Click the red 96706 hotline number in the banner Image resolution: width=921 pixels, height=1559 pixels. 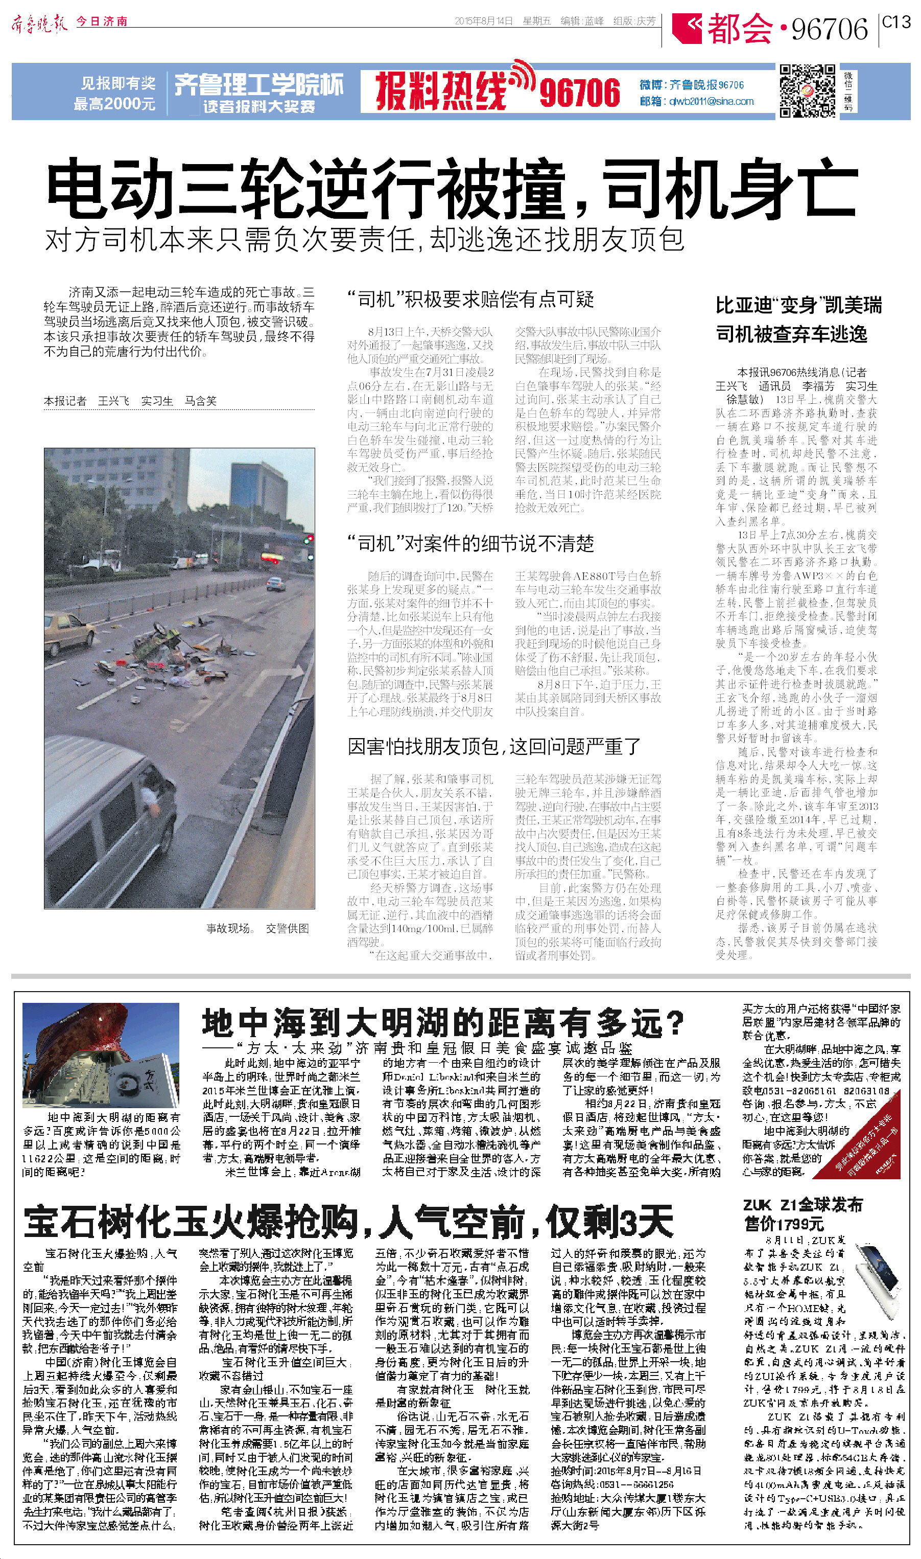(x=579, y=93)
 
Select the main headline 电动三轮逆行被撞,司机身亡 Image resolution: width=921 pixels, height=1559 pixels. (x=452, y=188)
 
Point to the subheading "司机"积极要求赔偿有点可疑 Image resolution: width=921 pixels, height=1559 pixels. (x=470, y=299)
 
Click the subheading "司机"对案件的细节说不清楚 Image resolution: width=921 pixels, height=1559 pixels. (x=470, y=544)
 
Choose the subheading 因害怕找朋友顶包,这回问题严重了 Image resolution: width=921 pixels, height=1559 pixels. (x=493, y=746)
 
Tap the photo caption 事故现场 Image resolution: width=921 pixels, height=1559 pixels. (x=228, y=928)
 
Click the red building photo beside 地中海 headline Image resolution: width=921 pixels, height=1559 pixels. (x=101, y=1055)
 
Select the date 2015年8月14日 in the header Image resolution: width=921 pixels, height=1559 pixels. (x=483, y=21)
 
